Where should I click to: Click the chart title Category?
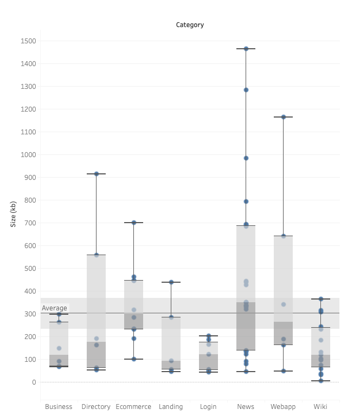190,25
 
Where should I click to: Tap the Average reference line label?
54,308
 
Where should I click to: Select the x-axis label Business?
59,407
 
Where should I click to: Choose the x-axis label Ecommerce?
133,407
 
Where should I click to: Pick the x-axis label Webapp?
283,407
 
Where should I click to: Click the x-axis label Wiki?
320,407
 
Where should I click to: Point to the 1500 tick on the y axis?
28,41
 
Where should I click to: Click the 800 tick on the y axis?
30,200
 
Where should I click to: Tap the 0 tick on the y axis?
34,382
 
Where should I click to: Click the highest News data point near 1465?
246,49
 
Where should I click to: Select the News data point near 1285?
246,90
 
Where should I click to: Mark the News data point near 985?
246,158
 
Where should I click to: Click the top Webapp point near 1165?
283,117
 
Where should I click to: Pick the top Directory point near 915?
97,174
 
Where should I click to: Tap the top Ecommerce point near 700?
134,223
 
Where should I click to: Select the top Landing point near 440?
171,282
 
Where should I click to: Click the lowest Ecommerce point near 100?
134,359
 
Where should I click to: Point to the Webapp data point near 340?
283,304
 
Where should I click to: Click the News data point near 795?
246,201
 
